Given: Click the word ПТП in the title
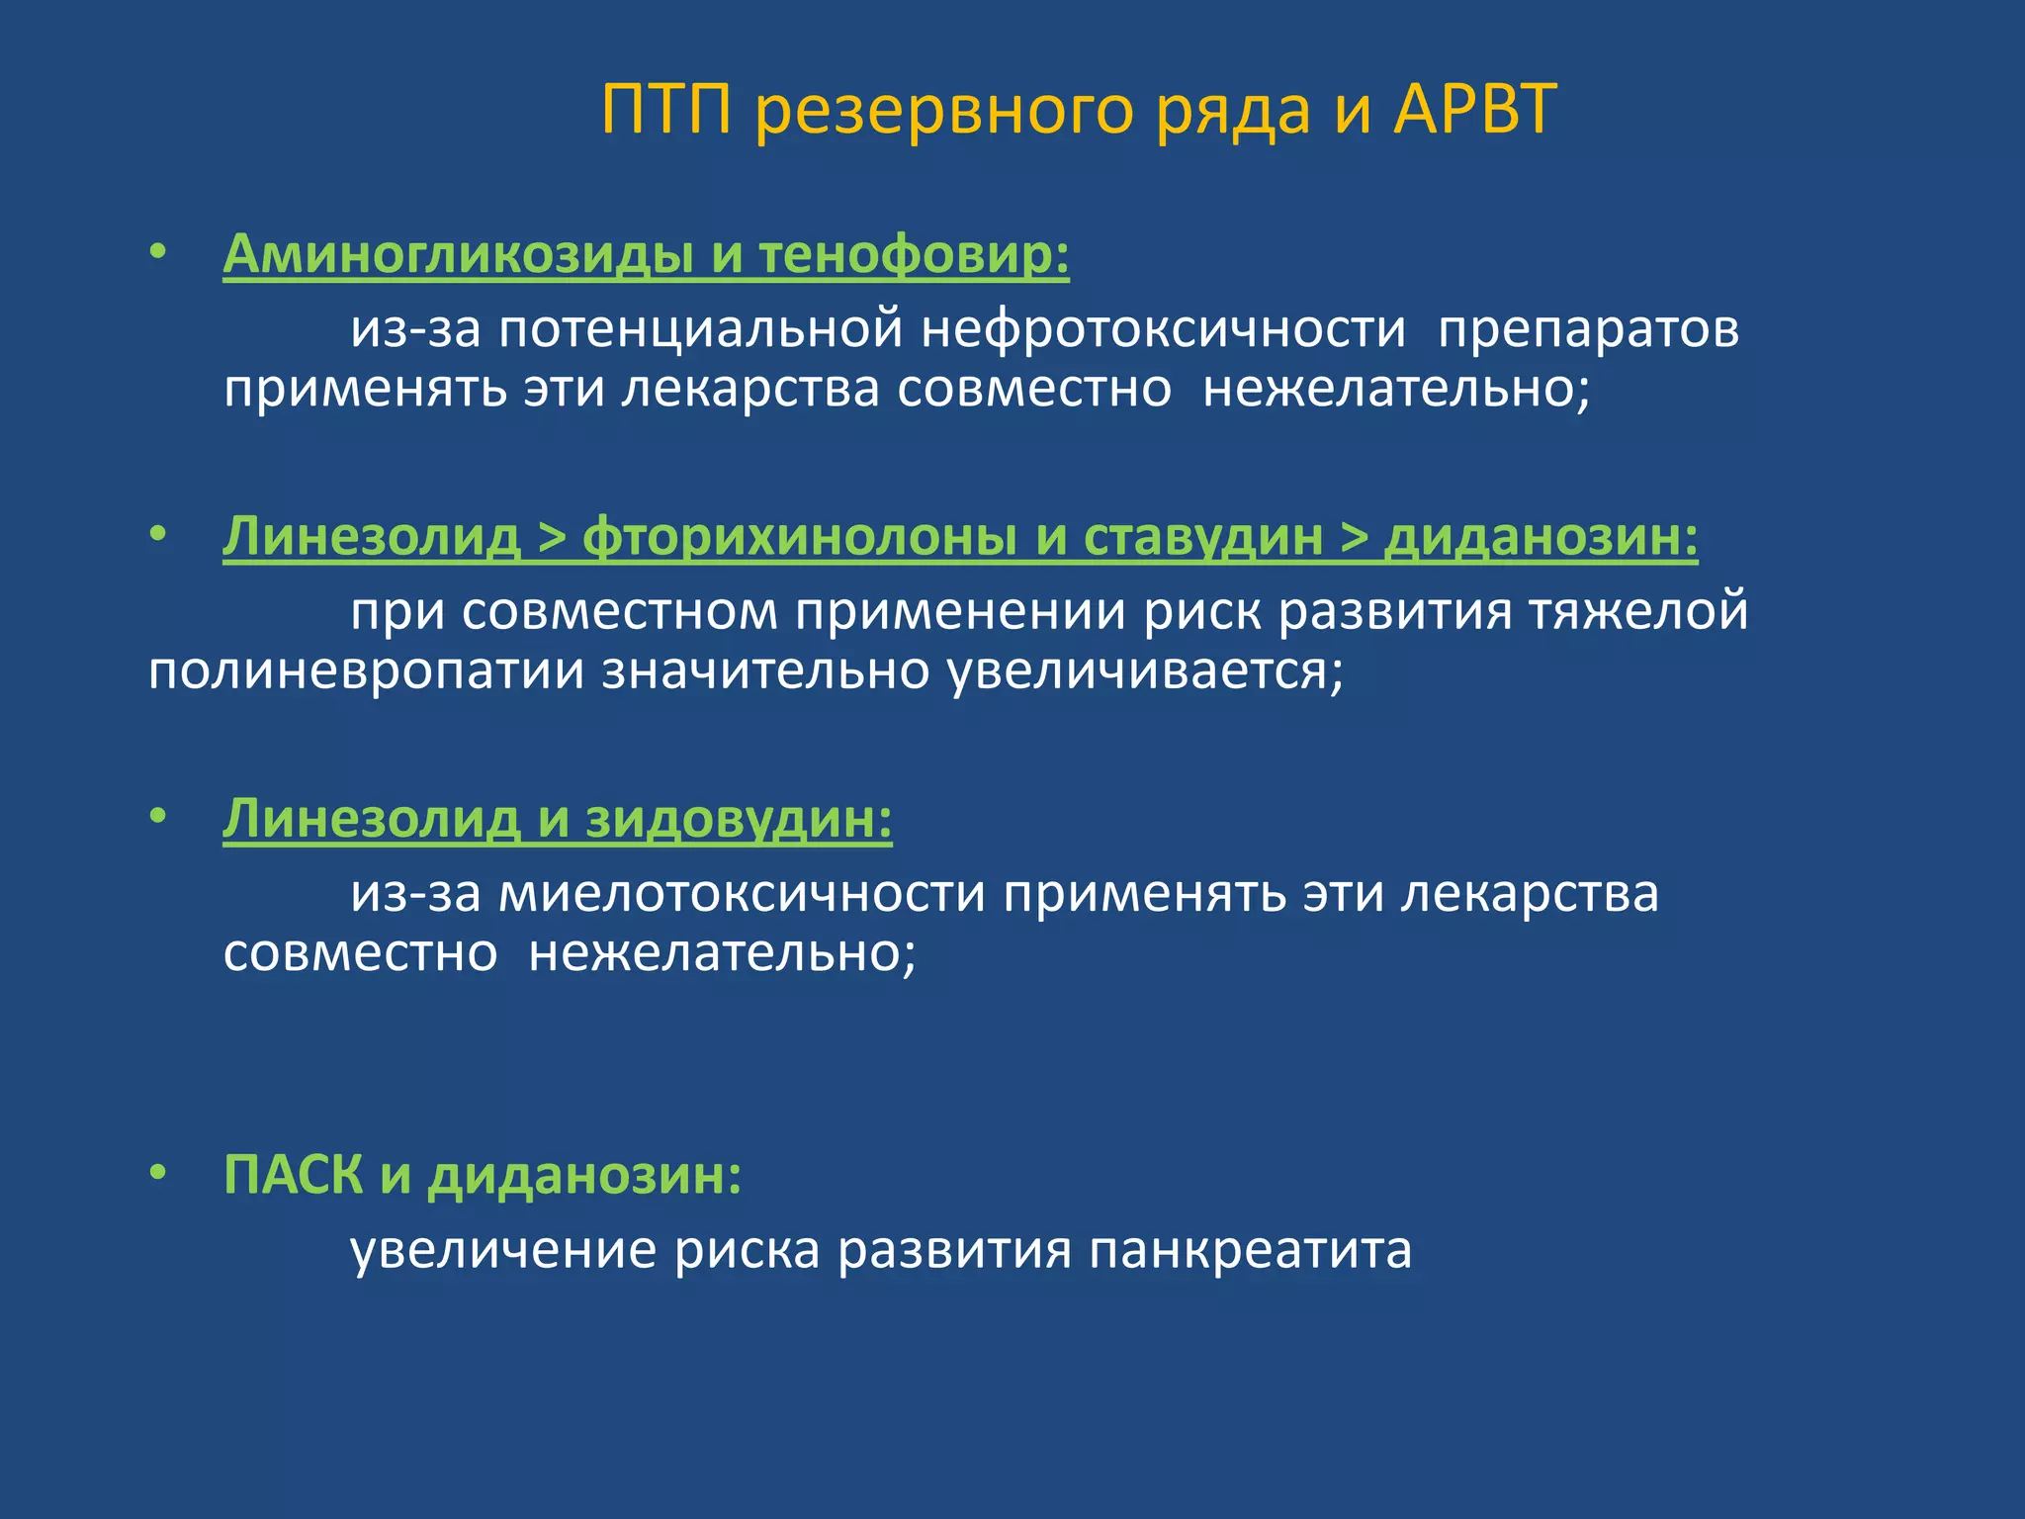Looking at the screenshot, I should pyautogui.click(x=666, y=110).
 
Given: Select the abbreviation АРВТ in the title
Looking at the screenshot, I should pyautogui.click(x=1475, y=110).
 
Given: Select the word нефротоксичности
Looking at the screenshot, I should pyautogui.click(x=1163, y=329).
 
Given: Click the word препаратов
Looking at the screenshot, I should pyautogui.click(x=1588, y=329).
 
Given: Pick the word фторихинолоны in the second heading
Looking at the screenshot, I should pyautogui.click(x=799, y=537).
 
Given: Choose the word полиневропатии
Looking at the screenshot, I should pyautogui.click(x=366, y=672).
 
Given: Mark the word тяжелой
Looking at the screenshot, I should pyautogui.click(x=1638, y=611).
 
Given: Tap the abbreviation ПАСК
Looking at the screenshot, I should pyautogui.click(x=293, y=1175).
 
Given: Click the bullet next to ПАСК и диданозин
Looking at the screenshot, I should pyautogui.click(x=157, y=1173).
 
